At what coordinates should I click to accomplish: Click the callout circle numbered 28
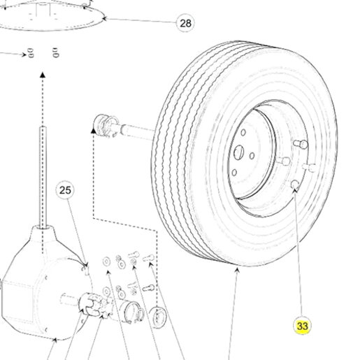click(185, 23)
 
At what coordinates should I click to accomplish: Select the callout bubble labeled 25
click(65, 190)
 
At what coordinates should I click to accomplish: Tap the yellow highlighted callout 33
click(302, 326)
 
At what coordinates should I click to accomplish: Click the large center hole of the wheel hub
click(238, 152)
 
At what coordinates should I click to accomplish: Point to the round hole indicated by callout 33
click(295, 184)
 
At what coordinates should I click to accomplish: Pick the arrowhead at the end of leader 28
click(105, 18)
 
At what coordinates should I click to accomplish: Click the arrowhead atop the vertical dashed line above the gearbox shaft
click(43, 75)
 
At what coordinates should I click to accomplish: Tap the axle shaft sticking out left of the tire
click(136, 132)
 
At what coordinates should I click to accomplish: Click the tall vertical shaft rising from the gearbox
click(43, 177)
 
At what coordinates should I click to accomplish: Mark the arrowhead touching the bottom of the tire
click(237, 271)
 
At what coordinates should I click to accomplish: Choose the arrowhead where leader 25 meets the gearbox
click(86, 265)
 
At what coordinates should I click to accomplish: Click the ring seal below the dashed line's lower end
click(158, 317)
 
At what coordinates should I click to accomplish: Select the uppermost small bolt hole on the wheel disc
click(243, 132)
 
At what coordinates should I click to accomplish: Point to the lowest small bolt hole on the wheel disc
click(234, 173)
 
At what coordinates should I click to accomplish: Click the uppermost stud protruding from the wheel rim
click(301, 144)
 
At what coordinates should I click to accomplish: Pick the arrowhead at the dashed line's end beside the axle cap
click(93, 131)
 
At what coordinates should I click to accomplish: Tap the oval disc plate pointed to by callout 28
click(47, 17)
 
